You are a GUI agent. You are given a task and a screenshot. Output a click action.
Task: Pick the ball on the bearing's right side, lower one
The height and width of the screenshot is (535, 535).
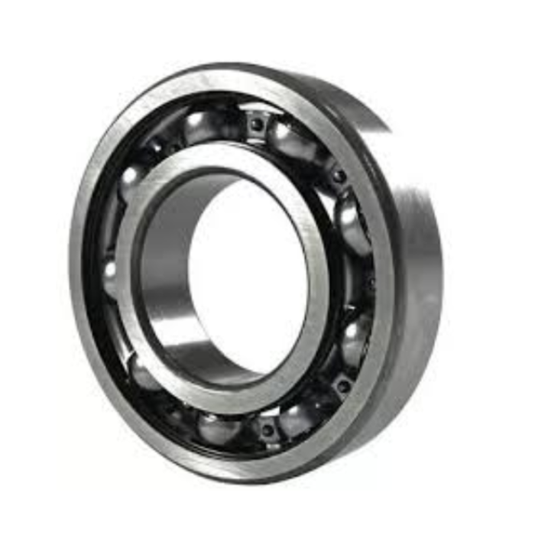click(354, 340)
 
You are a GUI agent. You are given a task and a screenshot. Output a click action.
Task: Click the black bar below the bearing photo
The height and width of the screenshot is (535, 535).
click(267, 512)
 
